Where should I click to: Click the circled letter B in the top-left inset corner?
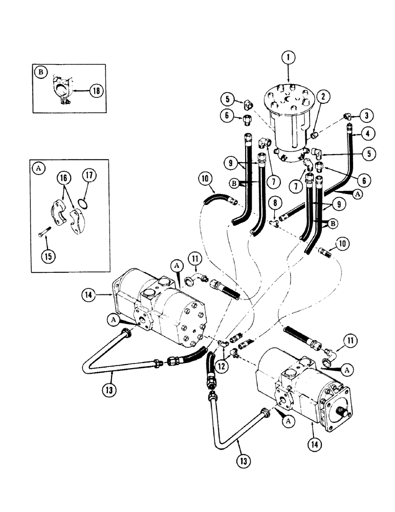[40, 72]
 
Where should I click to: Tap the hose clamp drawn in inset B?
[63, 91]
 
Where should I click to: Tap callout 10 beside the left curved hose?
[206, 179]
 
